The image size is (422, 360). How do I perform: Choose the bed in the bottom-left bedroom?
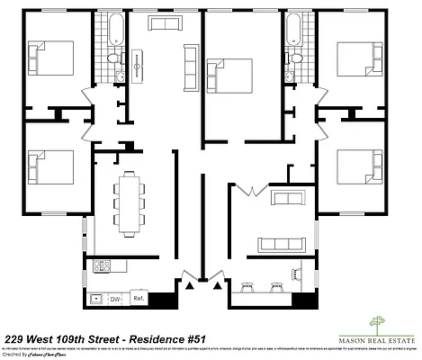(49, 167)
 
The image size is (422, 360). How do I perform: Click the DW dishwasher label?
(115, 298)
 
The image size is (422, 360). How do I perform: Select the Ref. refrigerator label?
(139, 298)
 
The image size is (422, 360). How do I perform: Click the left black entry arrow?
(190, 285)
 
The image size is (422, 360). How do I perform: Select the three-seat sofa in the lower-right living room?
(282, 245)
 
